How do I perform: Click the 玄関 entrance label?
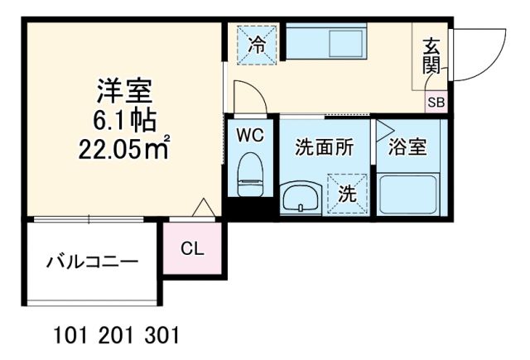click(x=431, y=57)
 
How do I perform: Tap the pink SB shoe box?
click(x=435, y=103)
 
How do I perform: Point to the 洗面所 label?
click(x=325, y=147)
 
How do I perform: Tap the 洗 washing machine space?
click(x=346, y=194)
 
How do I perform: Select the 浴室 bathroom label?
click(x=407, y=147)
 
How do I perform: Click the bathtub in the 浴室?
click(x=407, y=194)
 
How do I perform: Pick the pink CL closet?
click(x=191, y=247)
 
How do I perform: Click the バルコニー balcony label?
click(x=91, y=264)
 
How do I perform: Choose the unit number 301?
click(x=160, y=338)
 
